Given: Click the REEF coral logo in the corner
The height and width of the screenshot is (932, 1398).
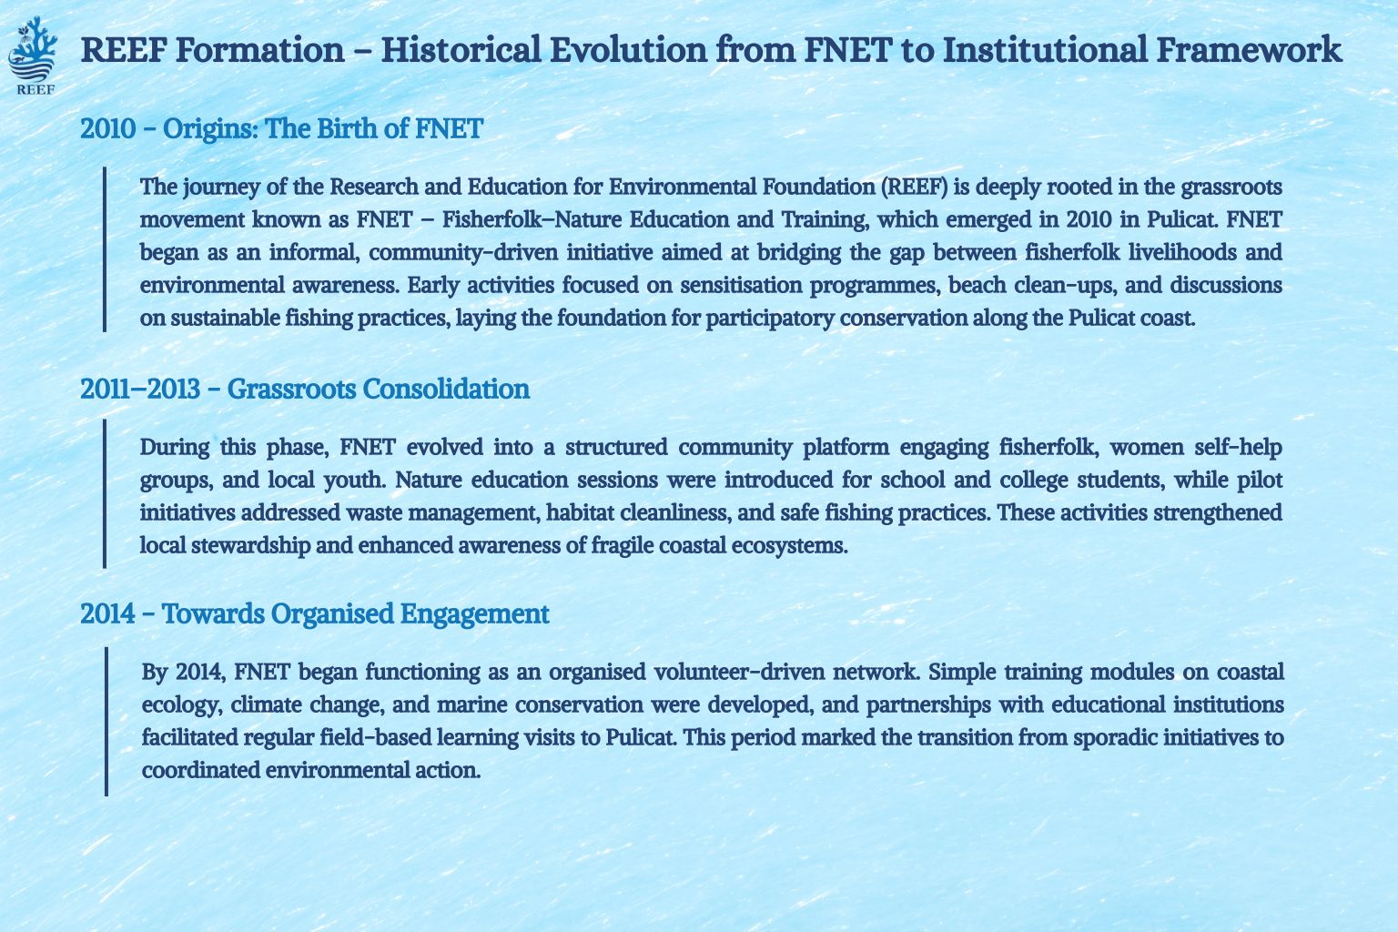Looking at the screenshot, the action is (33, 55).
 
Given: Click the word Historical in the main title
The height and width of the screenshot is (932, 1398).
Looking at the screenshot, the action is (461, 50).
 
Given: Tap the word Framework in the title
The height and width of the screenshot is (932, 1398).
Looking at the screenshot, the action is (1249, 50).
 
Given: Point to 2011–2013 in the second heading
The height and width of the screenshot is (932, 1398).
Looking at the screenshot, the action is (140, 389).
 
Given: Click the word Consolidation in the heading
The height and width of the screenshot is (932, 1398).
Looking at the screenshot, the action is (446, 389).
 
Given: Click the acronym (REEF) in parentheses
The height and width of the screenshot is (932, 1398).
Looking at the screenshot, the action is (915, 187).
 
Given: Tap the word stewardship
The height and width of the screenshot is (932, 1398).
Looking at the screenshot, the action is (250, 546).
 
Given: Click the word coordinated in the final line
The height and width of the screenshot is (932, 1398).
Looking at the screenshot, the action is (199, 770).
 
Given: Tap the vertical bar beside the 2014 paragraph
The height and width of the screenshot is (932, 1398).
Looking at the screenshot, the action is (106, 722).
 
